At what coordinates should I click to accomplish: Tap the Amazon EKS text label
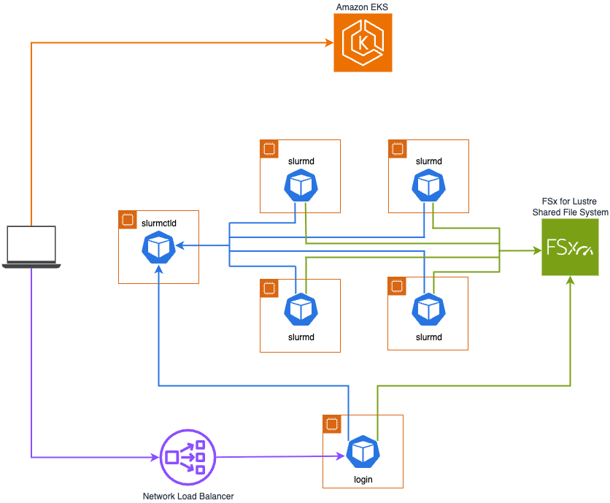coord(363,7)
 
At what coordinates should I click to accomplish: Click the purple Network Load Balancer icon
coord(188,457)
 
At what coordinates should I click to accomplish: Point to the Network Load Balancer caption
coord(188,496)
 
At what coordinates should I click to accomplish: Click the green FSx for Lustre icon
coord(570,247)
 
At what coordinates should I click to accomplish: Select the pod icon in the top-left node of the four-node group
coord(301,185)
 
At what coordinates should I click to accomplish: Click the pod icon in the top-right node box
coord(428,185)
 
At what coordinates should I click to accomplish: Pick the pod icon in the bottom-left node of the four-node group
coord(301,309)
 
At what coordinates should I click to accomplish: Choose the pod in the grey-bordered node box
coord(428,309)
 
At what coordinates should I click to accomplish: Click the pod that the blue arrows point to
coord(158,247)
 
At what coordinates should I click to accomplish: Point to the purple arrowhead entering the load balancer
coord(155,458)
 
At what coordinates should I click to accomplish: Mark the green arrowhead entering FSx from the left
coord(536,250)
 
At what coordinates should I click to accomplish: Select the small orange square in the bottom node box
coord(332,424)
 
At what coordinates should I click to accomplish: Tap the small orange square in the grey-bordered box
coord(397,286)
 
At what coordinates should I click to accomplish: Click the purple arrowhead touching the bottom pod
coord(341,456)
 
